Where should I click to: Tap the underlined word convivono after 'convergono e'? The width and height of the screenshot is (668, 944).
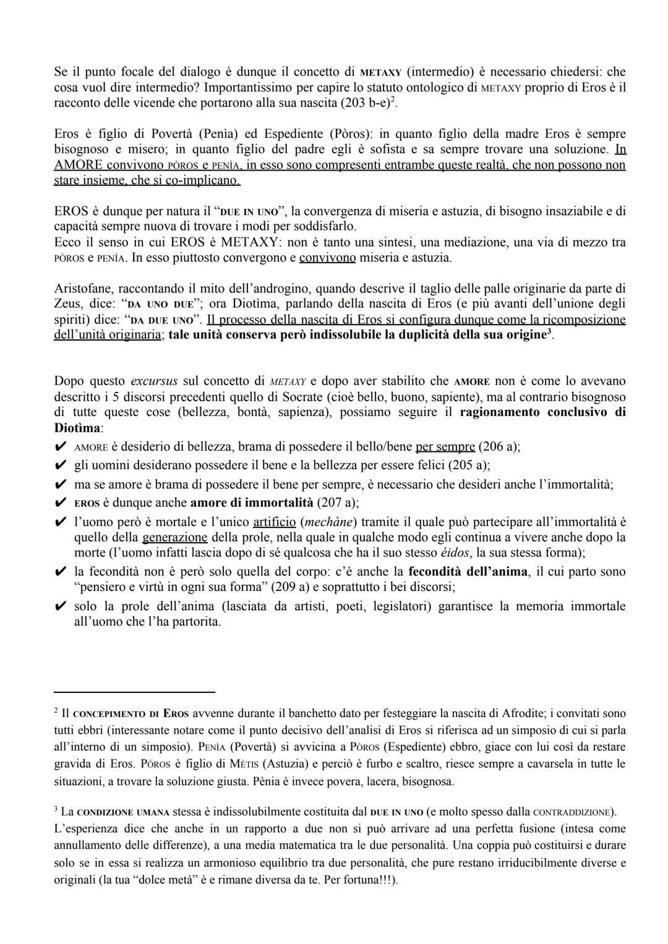pyautogui.click(x=327, y=258)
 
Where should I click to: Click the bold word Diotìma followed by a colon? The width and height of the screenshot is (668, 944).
pyautogui.click(x=76, y=428)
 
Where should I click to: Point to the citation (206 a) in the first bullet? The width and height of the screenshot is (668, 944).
pyautogui.click(x=499, y=446)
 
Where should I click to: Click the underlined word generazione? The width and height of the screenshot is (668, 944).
pyautogui.click(x=174, y=538)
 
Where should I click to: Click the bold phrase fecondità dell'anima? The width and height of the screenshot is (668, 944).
pyautogui.click(x=468, y=572)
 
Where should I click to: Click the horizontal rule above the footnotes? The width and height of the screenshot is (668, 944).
pyautogui.click(x=134, y=692)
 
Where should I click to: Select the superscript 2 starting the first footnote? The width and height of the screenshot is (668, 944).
pyautogui.click(x=56, y=712)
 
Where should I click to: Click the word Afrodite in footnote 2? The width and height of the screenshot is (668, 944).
pyautogui.click(x=508, y=714)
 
